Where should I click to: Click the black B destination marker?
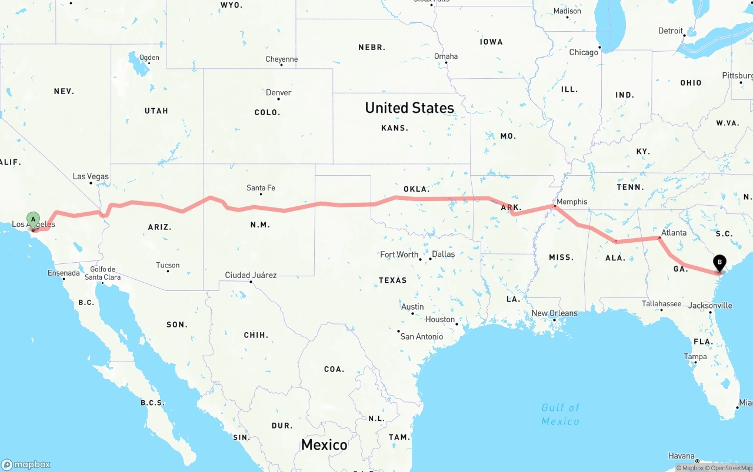pos(719,263)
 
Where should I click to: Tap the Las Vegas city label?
pos(91,176)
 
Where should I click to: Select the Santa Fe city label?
pos(261,188)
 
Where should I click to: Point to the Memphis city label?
pos(571,202)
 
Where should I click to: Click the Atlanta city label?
pos(674,233)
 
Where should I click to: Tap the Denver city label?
pos(278,92)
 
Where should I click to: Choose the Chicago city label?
pos(583,52)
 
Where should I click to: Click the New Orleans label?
pos(555,313)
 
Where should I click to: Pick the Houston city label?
pos(440,320)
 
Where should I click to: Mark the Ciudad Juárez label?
pos(251,275)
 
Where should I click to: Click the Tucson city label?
pos(168,265)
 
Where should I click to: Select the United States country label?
pos(409,108)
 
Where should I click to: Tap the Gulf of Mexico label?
pos(560,414)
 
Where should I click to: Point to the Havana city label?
pos(682,456)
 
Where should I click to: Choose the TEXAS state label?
pos(392,280)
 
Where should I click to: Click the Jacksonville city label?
pos(710,306)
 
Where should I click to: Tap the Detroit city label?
pos(671,31)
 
